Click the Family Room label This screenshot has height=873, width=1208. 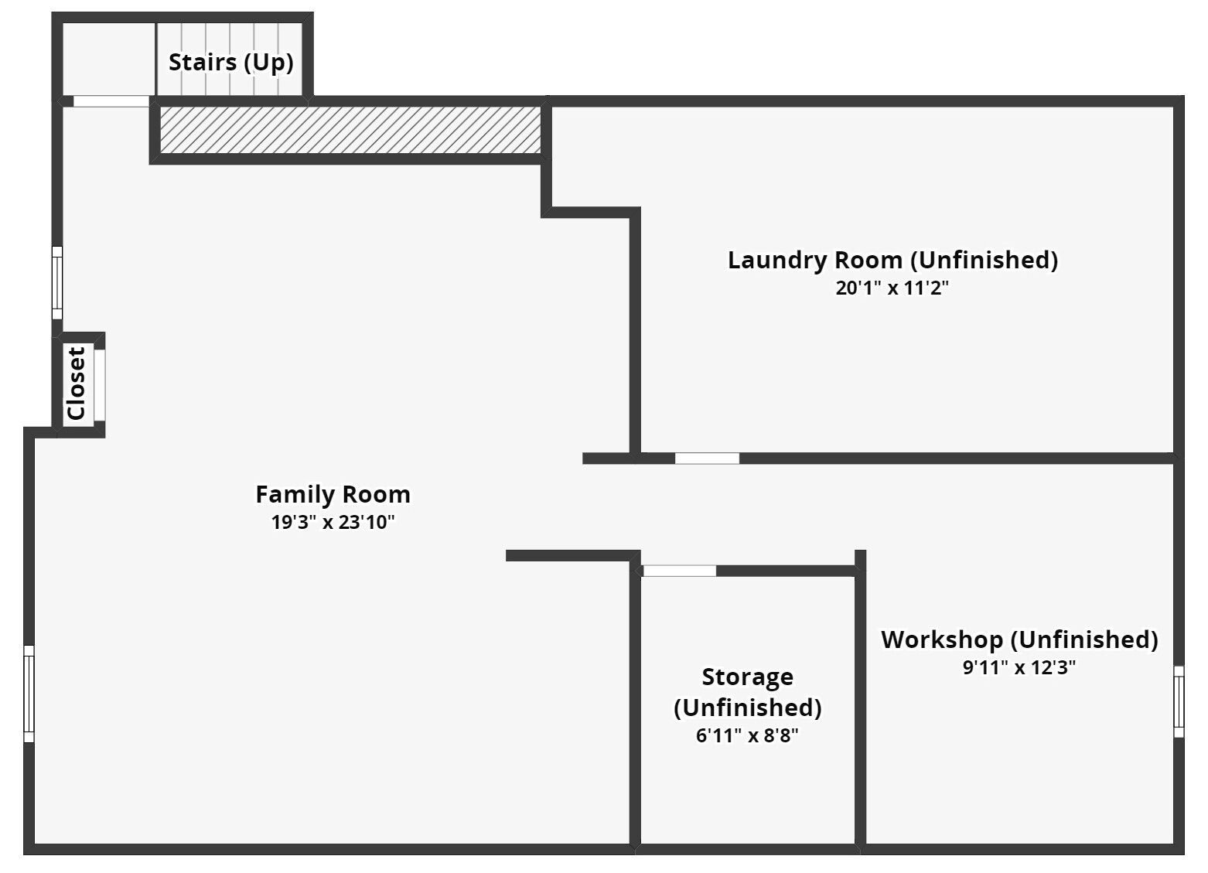click(x=333, y=494)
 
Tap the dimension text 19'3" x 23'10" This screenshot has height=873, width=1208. click(x=333, y=522)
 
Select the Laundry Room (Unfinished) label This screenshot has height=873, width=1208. click(x=892, y=260)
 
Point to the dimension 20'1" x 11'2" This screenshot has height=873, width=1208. click(x=892, y=288)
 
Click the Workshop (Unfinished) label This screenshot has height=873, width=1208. click(x=1019, y=639)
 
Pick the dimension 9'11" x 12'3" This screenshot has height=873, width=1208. click(x=1019, y=667)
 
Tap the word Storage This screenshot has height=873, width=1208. click(x=747, y=677)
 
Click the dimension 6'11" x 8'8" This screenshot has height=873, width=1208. click(x=747, y=735)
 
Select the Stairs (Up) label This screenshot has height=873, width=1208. click(x=230, y=62)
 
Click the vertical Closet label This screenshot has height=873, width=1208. click(x=76, y=384)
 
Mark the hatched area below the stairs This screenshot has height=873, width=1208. click(x=350, y=130)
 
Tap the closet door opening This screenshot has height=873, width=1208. click(x=99, y=384)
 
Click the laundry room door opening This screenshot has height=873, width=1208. click(x=707, y=459)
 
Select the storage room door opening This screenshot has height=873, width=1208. click(x=679, y=571)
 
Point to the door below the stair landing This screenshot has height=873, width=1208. click(x=111, y=101)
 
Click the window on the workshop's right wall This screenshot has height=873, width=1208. click(x=1179, y=701)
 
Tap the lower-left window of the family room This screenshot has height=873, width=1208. click(x=29, y=694)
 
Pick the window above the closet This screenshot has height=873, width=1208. click(x=56, y=282)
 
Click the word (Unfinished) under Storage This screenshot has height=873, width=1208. click(x=747, y=708)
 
